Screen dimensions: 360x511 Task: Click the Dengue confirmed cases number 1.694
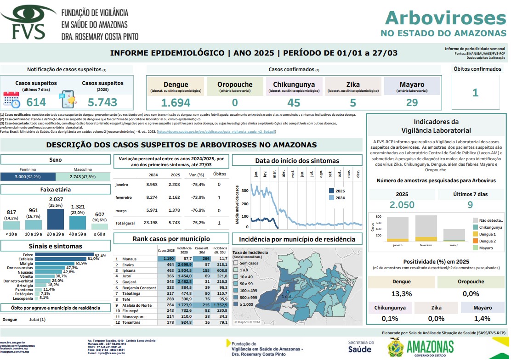coord(175,102)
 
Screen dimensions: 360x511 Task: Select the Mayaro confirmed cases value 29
coord(412,102)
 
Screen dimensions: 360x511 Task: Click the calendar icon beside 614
coord(11,100)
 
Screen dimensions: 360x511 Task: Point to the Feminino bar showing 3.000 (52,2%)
coord(28,177)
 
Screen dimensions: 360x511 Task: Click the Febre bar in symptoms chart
coord(64,255)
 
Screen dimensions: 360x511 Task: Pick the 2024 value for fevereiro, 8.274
coord(152,197)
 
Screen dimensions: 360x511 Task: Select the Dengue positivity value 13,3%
coord(401,294)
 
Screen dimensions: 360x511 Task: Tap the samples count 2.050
coord(402,205)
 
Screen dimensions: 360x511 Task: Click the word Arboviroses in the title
coord(445,17)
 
